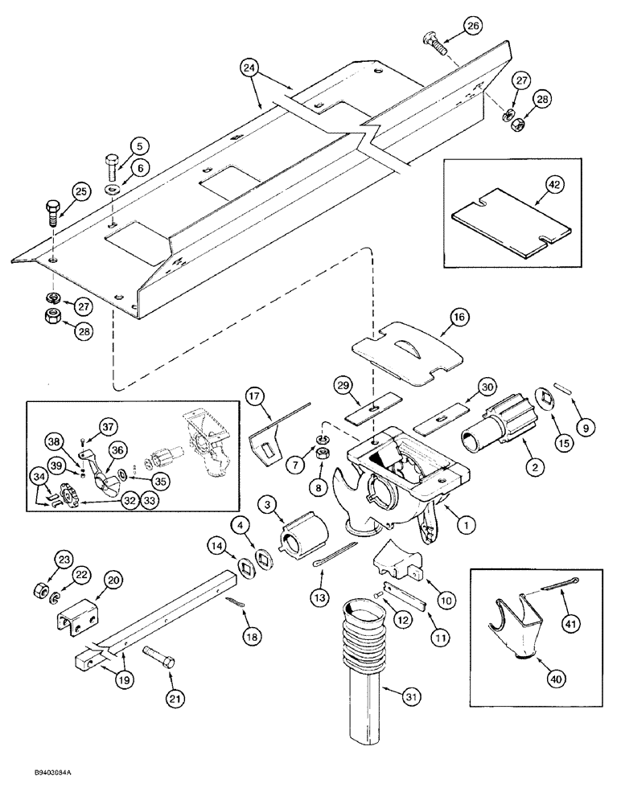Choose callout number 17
click(255, 396)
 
